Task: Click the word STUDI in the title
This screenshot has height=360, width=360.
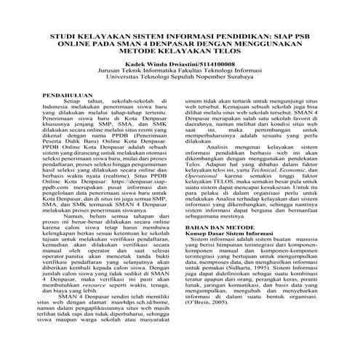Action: pos(62,56)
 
